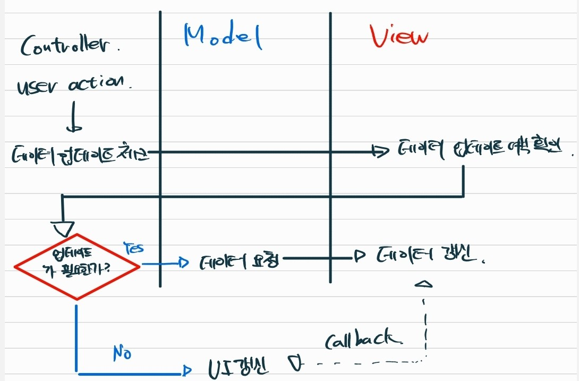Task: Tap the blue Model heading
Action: [x=223, y=37]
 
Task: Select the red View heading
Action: [x=399, y=37]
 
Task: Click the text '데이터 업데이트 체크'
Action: [x=80, y=155]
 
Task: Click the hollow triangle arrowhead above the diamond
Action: [x=64, y=228]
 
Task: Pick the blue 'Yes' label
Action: [x=133, y=248]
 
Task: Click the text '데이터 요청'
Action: [x=240, y=262]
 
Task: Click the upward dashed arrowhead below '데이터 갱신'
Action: [x=425, y=286]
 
